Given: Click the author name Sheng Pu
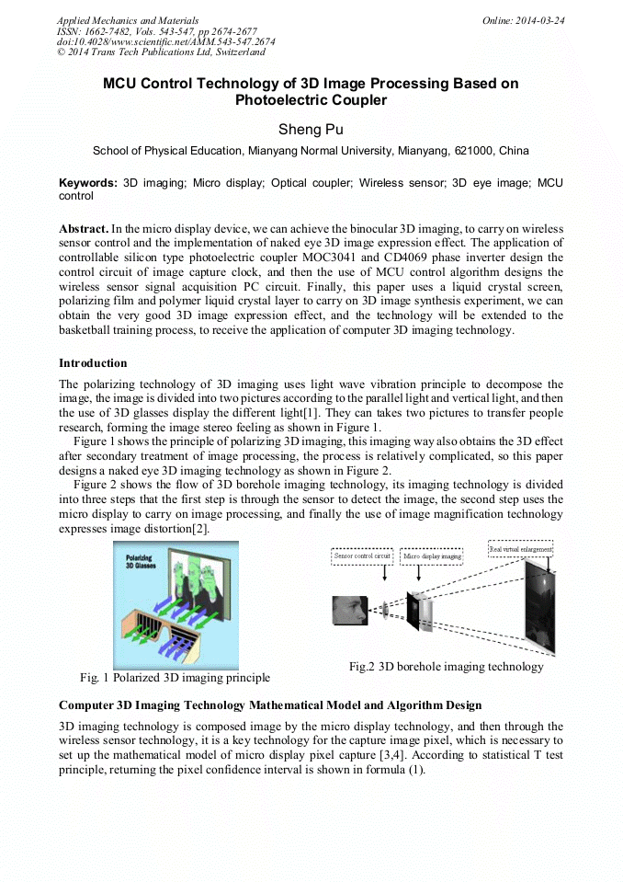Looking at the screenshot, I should [311, 129].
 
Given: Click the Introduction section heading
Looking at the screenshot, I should [93, 363].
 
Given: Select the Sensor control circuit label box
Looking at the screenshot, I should [363, 556].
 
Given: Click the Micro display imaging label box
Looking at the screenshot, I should [433, 556].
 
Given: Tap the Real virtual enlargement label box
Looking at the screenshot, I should [520, 549].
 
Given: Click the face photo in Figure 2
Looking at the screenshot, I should [350, 610].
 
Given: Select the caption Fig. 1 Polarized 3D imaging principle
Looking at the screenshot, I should [175, 678].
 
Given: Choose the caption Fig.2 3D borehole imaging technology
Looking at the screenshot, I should [446, 666].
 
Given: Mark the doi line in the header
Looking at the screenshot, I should [165, 41].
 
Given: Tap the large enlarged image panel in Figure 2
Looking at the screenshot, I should [540, 607].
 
